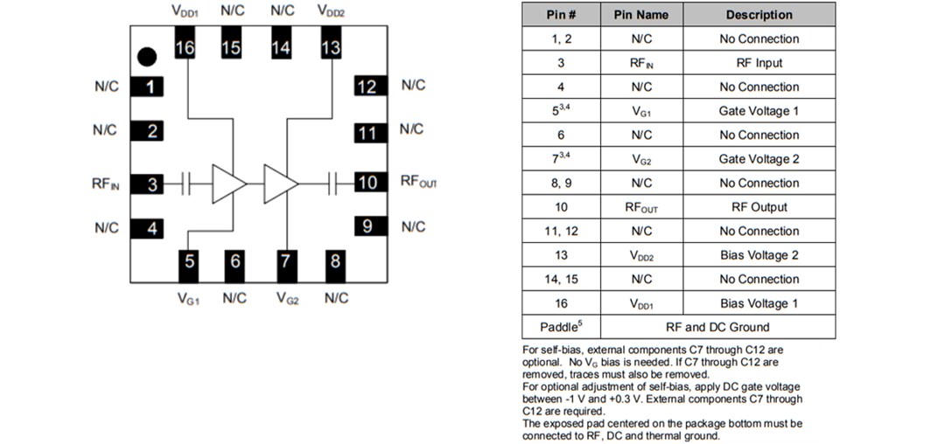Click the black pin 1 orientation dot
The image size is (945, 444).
[147, 57]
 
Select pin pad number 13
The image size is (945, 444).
[331, 48]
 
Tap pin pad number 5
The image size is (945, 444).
[188, 260]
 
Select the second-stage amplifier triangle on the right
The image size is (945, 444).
[279, 184]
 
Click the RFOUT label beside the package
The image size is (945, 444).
[418, 182]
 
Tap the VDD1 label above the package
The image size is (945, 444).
[185, 11]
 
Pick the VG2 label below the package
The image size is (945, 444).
[287, 298]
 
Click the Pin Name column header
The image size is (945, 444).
[640, 15]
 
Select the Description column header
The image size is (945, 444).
[759, 15]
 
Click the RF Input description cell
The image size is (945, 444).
[759, 63]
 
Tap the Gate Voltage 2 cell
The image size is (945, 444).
[759, 159]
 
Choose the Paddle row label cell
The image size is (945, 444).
[560, 327]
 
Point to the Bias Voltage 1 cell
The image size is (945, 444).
[759, 303]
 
